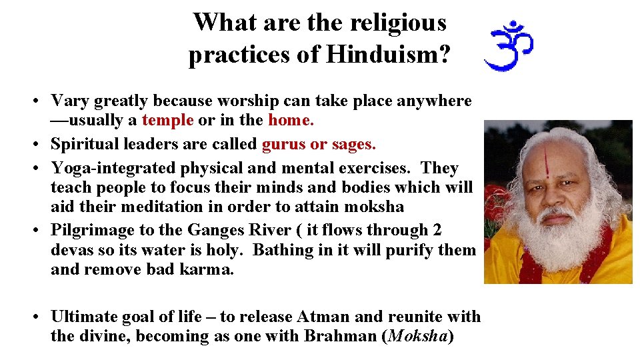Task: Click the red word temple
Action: tap(167, 121)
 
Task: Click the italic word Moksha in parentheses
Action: tap(417, 336)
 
